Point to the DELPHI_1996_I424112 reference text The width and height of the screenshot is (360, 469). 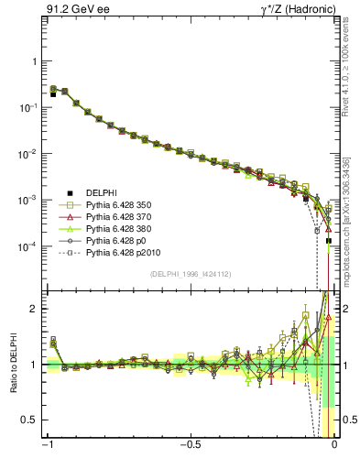tap(191, 273)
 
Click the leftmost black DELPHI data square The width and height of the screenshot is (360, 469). tap(53, 94)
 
